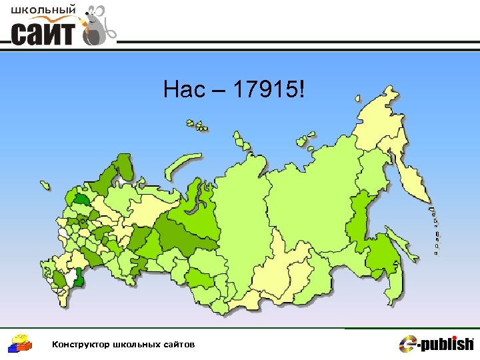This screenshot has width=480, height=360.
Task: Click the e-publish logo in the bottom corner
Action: pos(436,343)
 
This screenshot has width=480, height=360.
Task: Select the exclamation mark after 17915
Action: pos(305,89)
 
